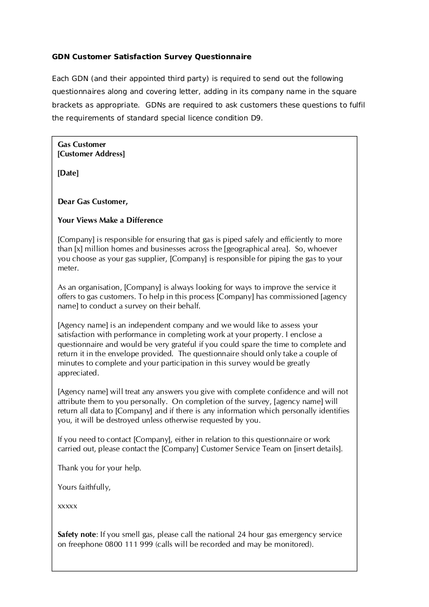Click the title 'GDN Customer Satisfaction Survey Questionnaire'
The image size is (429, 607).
tap(152, 56)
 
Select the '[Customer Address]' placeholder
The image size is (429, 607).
tap(91, 154)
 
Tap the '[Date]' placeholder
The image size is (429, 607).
tap(68, 173)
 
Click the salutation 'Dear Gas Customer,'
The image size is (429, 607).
tap(92, 201)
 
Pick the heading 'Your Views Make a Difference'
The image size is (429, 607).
tap(110, 220)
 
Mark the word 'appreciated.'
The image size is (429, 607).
tap(78, 373)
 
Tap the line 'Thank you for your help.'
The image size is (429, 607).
tap(99, 468)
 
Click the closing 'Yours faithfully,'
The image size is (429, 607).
tap(84, 487)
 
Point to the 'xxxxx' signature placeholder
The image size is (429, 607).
tap(68, 506)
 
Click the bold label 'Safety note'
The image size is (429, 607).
tap(77, 534)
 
